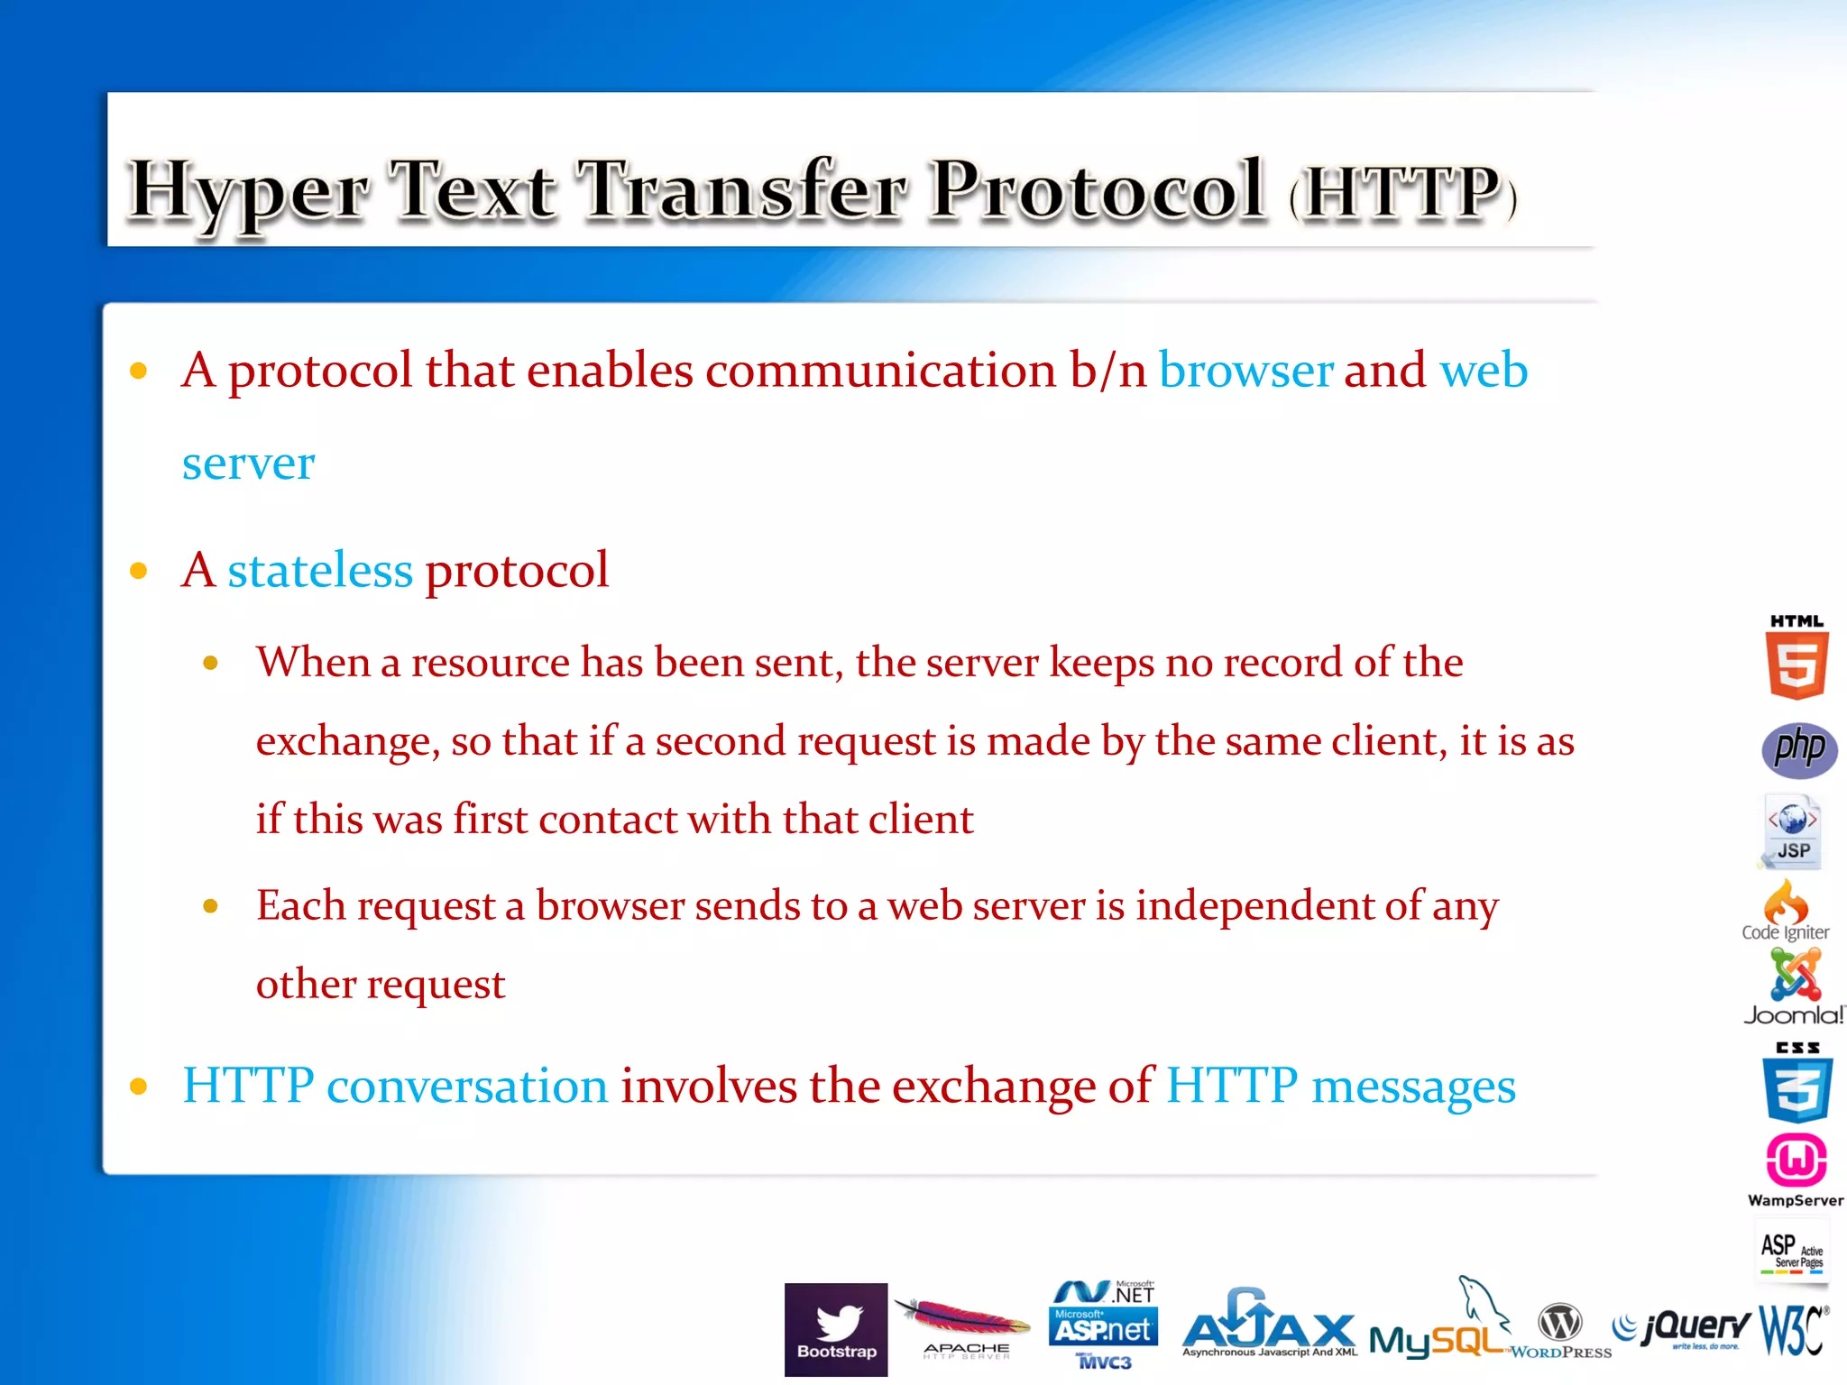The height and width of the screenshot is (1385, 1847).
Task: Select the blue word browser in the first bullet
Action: point(1245,371)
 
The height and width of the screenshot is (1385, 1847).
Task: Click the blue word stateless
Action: point(320,571)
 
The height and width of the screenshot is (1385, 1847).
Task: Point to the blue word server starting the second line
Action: point(248,464)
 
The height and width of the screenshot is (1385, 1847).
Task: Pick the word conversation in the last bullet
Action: point(467,1086)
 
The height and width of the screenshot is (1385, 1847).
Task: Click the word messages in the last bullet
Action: point(1413,1086)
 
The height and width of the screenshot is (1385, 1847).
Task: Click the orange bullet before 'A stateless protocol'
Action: point(139,571)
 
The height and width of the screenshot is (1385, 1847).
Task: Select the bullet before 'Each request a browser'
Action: point(211,906)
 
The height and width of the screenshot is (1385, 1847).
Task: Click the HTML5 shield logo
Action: point(1796,658)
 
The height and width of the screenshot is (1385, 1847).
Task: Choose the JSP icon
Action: point(1793,831)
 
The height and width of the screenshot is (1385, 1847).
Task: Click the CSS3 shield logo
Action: point(1796,1085)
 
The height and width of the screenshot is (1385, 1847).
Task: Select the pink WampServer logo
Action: point(1796,1163)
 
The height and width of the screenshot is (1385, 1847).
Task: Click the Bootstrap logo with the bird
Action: point(836,1329)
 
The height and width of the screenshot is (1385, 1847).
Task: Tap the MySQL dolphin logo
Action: point(1439,1325)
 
